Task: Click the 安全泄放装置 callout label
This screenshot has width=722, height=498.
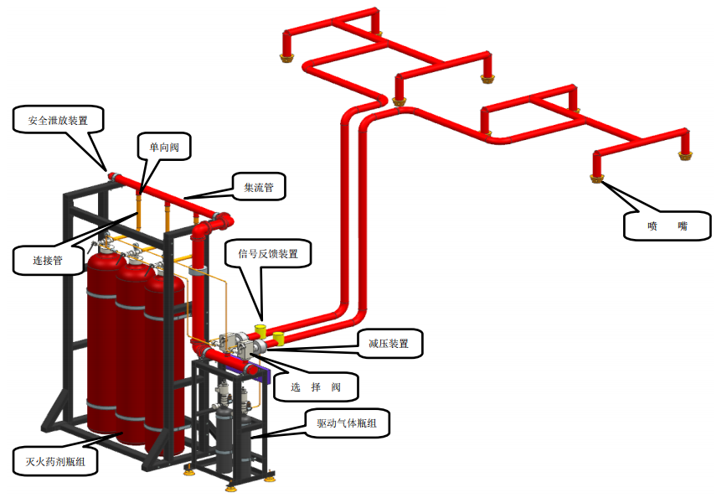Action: (x=62, y=120)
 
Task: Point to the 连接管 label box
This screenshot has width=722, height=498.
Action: (x=49, y=260)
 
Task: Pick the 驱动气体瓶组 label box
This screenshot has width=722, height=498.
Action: (x=346, y=424)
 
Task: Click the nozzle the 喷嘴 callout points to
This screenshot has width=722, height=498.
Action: (x=598, y=177)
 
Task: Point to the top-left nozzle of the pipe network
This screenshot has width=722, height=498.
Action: (x=286, y=56)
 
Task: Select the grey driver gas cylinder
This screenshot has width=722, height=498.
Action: (x=225, y=436)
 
